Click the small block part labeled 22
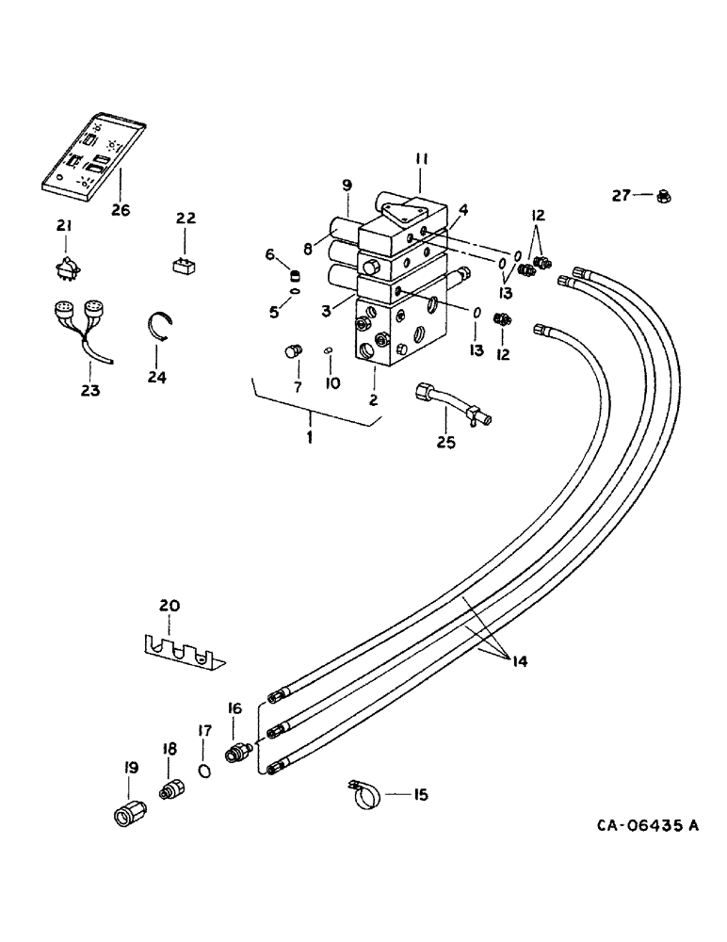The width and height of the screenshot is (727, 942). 185,264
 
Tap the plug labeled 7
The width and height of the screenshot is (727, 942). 292,354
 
